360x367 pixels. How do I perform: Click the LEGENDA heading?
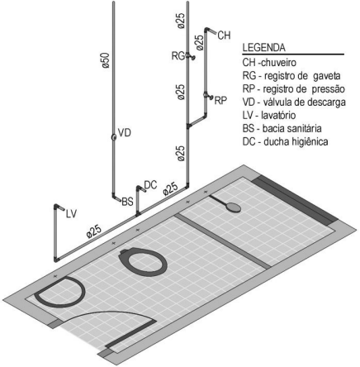[x=263, y=48]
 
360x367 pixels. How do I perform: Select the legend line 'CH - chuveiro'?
[x=269, y=63]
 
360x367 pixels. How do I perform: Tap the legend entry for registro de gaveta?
[x=291, y=75]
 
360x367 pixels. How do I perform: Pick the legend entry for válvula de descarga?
[x=294, y=102]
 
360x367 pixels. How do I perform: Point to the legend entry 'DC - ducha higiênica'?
[x=285, y=142]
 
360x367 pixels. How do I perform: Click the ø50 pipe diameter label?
[x=106, y=60]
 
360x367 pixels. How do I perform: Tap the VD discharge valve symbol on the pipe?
[x=113, y=137]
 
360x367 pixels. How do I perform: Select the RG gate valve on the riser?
[x=191, y=56]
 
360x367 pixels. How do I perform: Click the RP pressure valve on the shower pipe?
[x=208, y=96]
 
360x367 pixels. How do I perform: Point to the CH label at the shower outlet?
[x=224, y=36]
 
